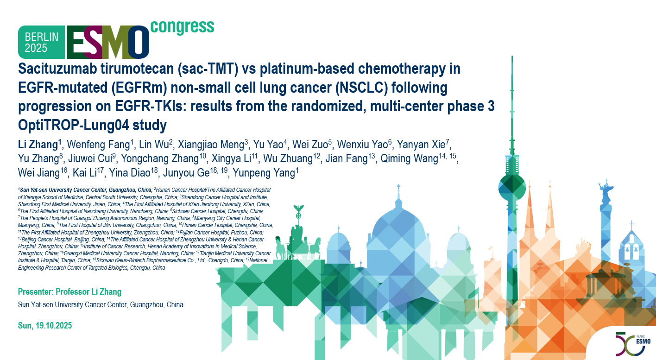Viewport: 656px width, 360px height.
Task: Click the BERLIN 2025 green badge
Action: coord(42,42)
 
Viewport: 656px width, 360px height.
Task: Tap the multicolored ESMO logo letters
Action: coord(108,42)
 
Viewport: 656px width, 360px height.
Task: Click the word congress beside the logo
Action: coord(182,27)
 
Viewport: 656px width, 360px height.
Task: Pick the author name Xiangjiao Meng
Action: coord(211,145)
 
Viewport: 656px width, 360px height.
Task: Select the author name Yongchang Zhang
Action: coord(160,158)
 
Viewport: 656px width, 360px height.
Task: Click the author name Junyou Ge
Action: coord(186,172)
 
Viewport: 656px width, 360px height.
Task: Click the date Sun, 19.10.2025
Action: coord(45,325)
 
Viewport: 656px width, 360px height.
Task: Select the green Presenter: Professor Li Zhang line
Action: coord(69,292)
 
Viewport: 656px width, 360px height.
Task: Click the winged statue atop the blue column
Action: coord(606,191)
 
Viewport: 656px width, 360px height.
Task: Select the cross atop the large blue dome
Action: coord(398,189)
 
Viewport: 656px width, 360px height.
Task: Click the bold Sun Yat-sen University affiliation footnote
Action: coord(86,190)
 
